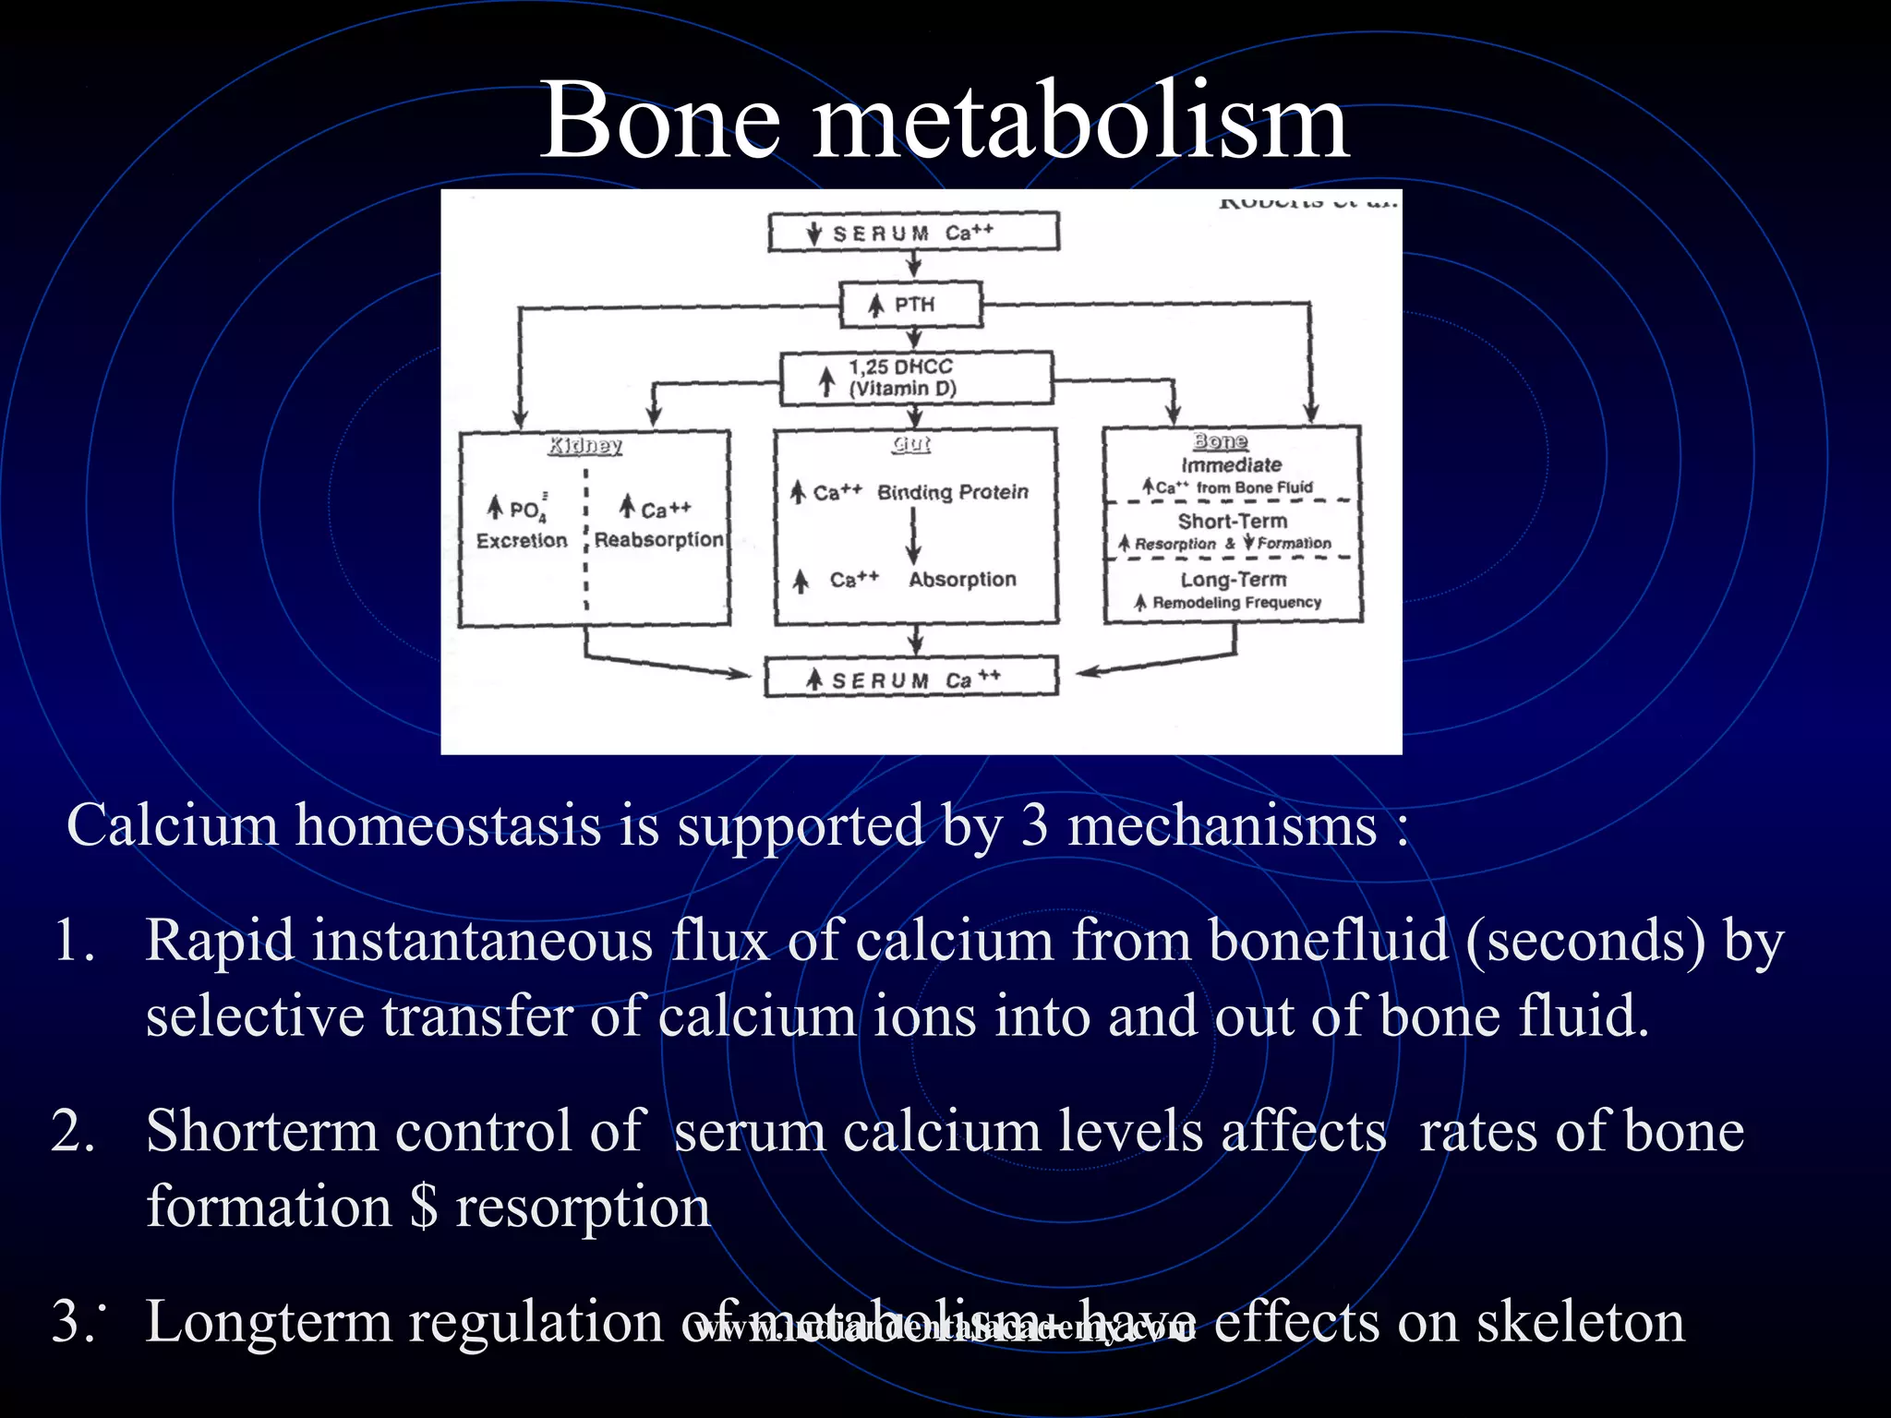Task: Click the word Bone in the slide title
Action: pyautogui.click(x=660, y=121)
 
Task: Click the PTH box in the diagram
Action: pyautogui.click(x=910, y=305)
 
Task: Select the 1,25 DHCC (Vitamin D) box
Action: pyautogui.click(x=916, y=378)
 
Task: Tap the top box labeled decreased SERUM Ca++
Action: pyautogui.click(x=913, y=232)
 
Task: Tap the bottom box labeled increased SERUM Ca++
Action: pyautogui.click(x=911, y=679)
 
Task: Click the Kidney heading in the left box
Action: pyautogui.click(x=585, y=446)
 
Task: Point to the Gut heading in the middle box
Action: pyautogui.click(x=911, y=445)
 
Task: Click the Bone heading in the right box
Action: pyautogui.click(x=1220, y=441)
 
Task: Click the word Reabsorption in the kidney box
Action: pyautogui.click(x=658, y=539)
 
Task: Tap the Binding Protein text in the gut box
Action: pyautogui.click(x=953, y=492)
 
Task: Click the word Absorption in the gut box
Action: pyautogui.click(x=962, y=580)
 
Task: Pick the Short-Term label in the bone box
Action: pyautogui.click(x=1232, y=521)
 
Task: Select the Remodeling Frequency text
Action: pyautogui.click(x=1236, y=603)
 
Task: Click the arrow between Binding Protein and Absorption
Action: pyautogui.click(x=913, y=535)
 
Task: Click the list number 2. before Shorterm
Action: pyautogui.click(x=73, y=1131)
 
